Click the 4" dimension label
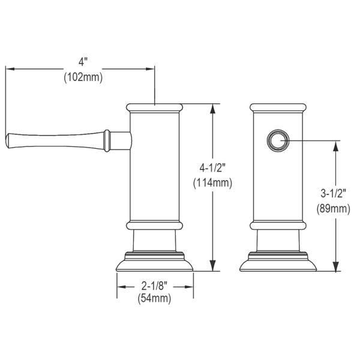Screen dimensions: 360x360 (83, 62)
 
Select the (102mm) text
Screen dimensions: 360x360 (83, 77)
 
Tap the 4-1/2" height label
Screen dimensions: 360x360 (212, 168)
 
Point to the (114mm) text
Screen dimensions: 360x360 (212, 183)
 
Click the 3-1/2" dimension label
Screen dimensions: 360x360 (334, 194)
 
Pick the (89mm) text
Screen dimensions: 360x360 (334, 209)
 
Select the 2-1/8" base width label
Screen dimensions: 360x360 (154, 286)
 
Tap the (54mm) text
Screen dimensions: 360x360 (154, 298)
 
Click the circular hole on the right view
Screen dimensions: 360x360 (278, 140)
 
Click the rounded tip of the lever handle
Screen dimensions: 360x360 (7, 140)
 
